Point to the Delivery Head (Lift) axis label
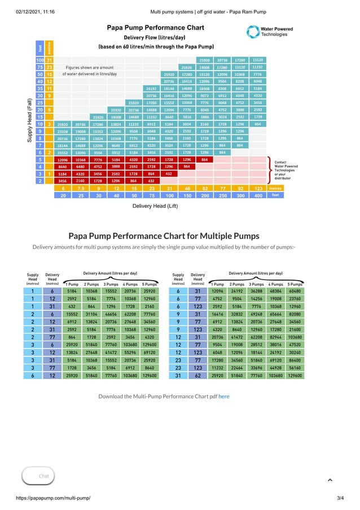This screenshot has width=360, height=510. click(155, 206)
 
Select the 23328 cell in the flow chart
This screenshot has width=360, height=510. click(63, 131)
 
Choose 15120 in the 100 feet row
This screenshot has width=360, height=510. click(257, 59)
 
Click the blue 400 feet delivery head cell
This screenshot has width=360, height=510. click(257, 195)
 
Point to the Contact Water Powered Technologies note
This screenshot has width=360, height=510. click(286, 170)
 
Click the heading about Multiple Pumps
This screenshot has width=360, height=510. click(164, 236)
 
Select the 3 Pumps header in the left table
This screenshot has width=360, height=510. click(111, 284)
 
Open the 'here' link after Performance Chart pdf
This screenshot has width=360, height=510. click(224, 396)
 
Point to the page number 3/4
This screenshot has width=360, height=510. click(340, 498)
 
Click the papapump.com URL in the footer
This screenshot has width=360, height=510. click(50, 498)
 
